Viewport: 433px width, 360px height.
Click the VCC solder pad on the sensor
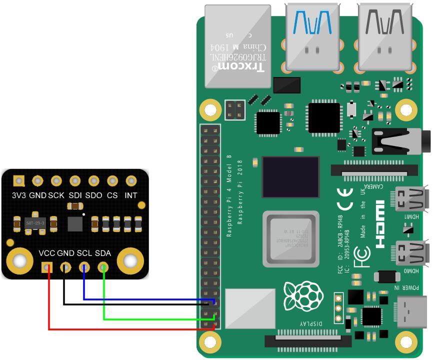point(47,267)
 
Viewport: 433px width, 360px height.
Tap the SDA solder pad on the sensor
point(103,267)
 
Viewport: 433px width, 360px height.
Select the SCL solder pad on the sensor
point(84,267)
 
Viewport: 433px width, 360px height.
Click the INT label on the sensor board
point(131,195)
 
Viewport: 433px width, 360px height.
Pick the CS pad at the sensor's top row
point(112,181)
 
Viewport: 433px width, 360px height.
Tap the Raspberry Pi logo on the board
point(303,296)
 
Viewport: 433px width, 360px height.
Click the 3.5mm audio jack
point(400,142)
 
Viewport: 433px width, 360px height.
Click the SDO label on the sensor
point(93,195)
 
